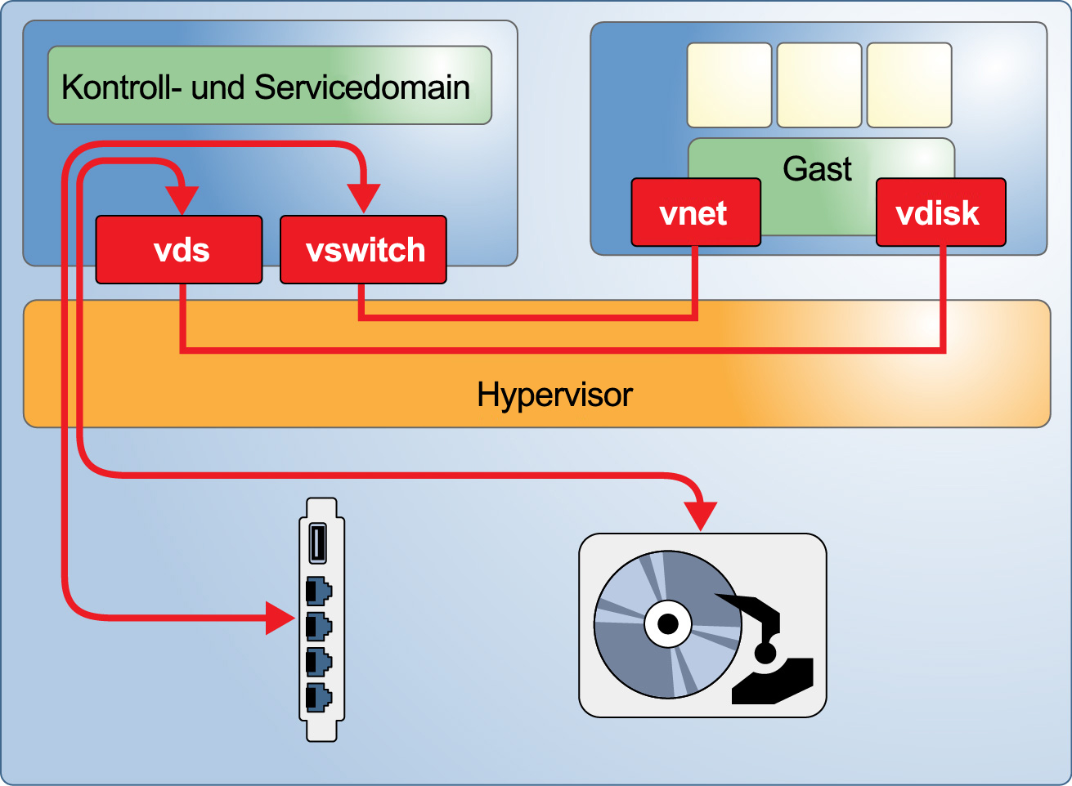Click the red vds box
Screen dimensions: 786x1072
pyautogui.click(x=179, y=250)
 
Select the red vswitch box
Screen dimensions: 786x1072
pyautogui.click(x=363, y=250)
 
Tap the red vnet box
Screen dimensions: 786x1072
pyautogui.click(x=695, y=212)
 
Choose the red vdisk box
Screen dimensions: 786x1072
pyautogui.click(x=940, y=212)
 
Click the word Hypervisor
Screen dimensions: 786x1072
pyautogui.click(x=554, y=395)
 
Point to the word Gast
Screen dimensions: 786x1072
pyautogui.click(x=817, y=169)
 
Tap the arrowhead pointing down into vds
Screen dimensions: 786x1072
pyautogui.click(x=182, y=199)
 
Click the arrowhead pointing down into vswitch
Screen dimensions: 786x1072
pyautogui.click(x=363, y=199)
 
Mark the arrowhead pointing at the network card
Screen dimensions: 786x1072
pyautogui.click(x=280, y=617)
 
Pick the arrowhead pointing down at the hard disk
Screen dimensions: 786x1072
pyautogui.click(x=701, y=516)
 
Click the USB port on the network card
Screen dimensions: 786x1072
pyautogui.click(x=317, y=543)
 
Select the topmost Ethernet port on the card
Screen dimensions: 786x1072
pyautogui.click(x=318, y=590)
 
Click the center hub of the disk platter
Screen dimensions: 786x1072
pyautogui.click(x=668, y=625)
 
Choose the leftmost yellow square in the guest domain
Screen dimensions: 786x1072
pyautogui.click(x=729, y=85)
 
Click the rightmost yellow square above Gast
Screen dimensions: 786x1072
pyautogui.click(x=908, y=85)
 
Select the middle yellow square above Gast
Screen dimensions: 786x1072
pyautogui.click(x=819, y=85)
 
